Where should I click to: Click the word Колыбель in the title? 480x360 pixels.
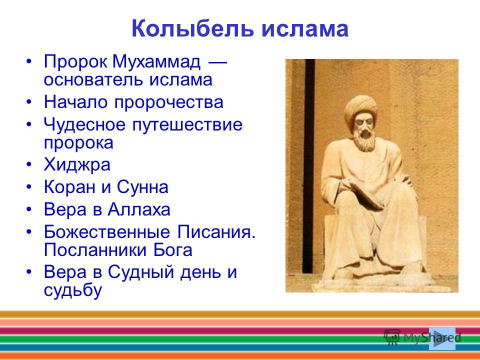192,28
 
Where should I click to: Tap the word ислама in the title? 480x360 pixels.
305,29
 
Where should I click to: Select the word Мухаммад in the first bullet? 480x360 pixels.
156,62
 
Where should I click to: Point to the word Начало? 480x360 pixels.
75,101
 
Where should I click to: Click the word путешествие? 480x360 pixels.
187,125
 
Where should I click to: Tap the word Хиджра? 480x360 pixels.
77,164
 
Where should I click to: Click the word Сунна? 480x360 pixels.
142,187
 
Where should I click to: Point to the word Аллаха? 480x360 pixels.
138,209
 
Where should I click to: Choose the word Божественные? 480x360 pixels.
106,232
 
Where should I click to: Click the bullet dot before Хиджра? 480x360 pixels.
29,164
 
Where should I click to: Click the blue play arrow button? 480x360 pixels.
442,338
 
